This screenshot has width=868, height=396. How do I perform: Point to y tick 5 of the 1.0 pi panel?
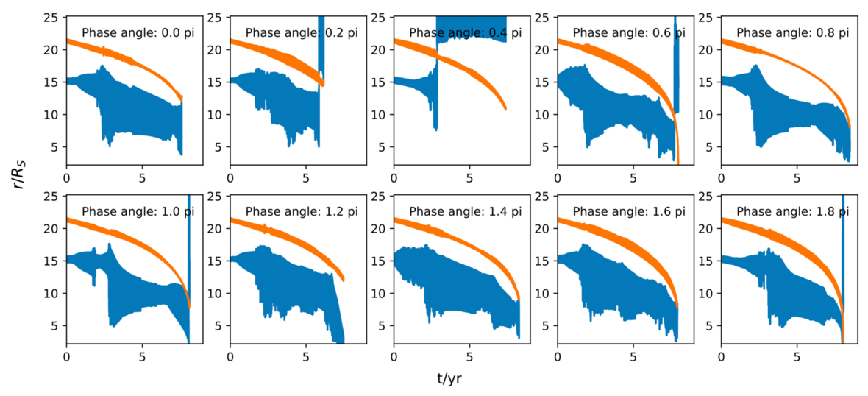pyautogui.click(x=58, y=325)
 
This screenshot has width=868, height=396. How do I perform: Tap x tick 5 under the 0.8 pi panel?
pyautogui.click(x=797, y=177)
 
